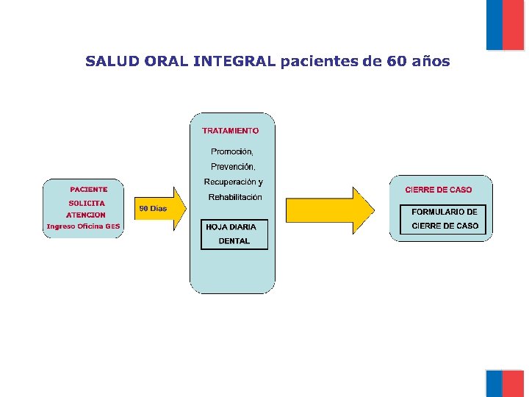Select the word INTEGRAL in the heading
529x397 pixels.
[234, 61]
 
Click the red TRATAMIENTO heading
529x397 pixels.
[231, 131]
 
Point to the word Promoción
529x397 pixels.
[232, 151]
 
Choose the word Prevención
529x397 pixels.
[232, 167]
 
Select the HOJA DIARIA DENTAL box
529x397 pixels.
[234, 234]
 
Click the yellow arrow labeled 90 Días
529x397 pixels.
[158, 209]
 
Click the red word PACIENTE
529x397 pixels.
[88, 190]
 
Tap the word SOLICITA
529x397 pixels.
[87, 203]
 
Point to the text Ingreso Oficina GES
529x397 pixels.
[83, 226]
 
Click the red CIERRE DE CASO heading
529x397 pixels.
[439, 190]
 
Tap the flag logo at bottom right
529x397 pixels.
[505, 383]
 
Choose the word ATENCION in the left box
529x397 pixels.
[86, 215]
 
